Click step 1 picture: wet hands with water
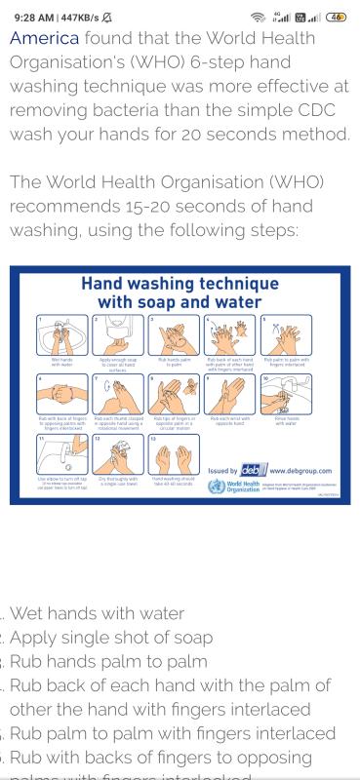pos(61,335)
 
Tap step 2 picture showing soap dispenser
pos(117,335)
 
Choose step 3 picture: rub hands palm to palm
pos(173,335)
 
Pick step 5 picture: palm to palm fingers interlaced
pos(286,335)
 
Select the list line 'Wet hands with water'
pos(98,613)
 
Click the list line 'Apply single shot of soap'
pos(112,638)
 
